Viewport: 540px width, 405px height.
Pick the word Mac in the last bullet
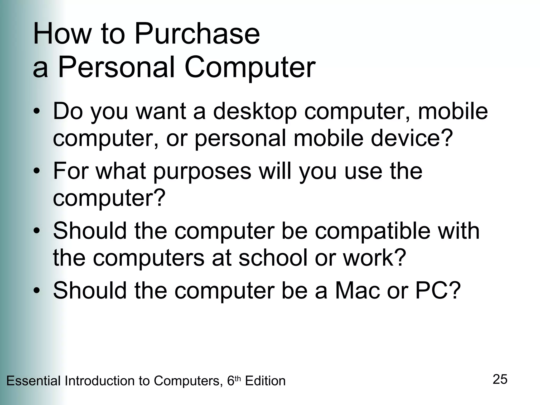pos(357,291)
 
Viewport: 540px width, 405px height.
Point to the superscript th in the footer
pos(238,379)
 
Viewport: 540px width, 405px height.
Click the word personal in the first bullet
pos(240,139)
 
